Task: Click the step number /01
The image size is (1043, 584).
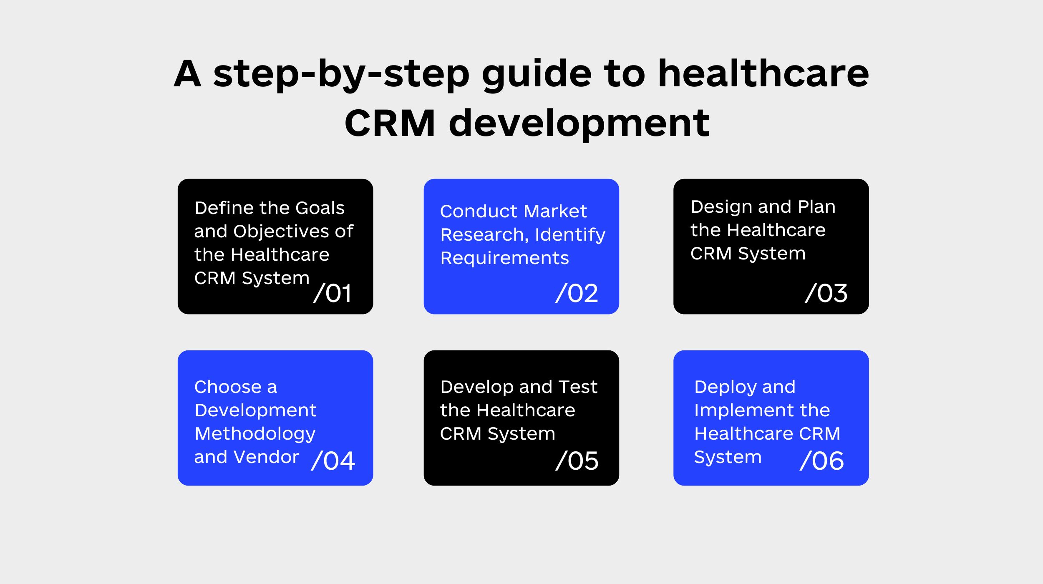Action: point(332,293)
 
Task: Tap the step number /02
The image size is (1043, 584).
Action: point(577,293)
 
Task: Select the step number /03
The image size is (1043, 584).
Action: point(826,293)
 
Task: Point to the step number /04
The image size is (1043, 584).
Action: point(333,461)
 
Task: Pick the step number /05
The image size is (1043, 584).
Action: point(577,461)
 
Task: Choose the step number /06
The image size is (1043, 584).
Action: point(822,461)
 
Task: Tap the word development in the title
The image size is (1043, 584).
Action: point(579,123)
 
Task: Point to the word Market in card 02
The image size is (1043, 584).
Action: point(555,211)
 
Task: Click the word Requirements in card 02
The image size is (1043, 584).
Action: point(505,259)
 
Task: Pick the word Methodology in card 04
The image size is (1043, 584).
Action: point(255,434)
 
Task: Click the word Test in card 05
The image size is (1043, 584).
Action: point(578,387)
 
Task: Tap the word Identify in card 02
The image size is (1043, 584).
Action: point(570,235)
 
